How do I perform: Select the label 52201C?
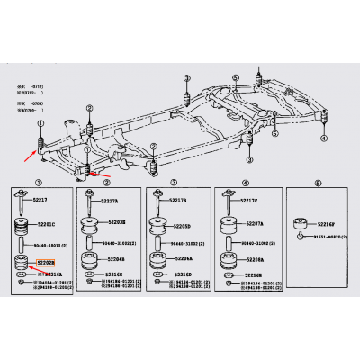(x=46, y=224)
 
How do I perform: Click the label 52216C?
(x=114, y=273)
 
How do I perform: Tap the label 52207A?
(x=256, y=221)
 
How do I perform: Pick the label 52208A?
(x=256, y=258)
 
